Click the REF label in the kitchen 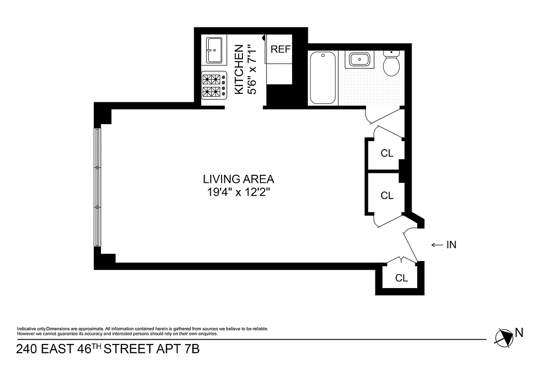[x=280, y=50]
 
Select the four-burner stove [x=214, y=85]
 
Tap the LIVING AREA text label [x=238, y=180]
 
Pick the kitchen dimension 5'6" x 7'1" [x=253, y=69]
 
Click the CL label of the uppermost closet [x=387, y=153]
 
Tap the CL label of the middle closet [x=387, y=195]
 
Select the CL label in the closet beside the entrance [x=401, y=278]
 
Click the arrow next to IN [x=436, y=245]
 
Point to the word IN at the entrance [x=451, y=245]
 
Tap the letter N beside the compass [x=519, y=333]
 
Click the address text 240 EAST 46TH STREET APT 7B [x=108, y=350]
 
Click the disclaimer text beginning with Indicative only [x=142, y=331]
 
